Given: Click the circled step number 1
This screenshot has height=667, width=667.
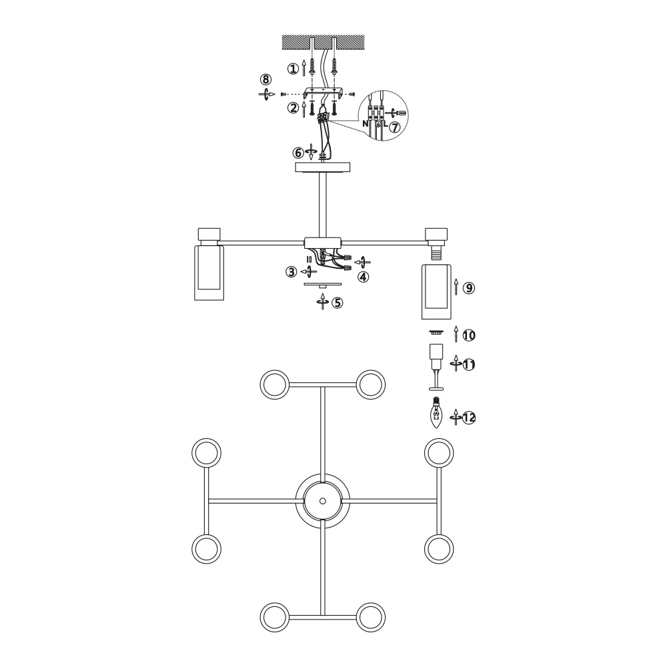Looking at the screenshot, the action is tap(293, 69).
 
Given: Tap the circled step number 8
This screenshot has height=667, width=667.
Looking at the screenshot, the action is tap(266, 79).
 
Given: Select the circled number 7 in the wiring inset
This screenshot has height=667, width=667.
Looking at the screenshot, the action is tap(395, 127).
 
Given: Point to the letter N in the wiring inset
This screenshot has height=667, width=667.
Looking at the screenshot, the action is tap(366, 124).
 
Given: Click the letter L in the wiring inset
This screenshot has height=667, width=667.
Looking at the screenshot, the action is tap(386, 124).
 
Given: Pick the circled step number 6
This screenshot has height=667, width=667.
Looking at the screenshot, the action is tap(298, 153).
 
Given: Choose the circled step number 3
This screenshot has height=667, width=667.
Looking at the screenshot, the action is tap(291, 272).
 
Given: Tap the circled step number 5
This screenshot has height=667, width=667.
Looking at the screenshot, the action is tap(337, 303).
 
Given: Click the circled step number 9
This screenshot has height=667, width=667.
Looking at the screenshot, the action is tap(468, 288).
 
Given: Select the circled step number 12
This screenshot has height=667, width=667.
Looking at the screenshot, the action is tap(469, 418).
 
